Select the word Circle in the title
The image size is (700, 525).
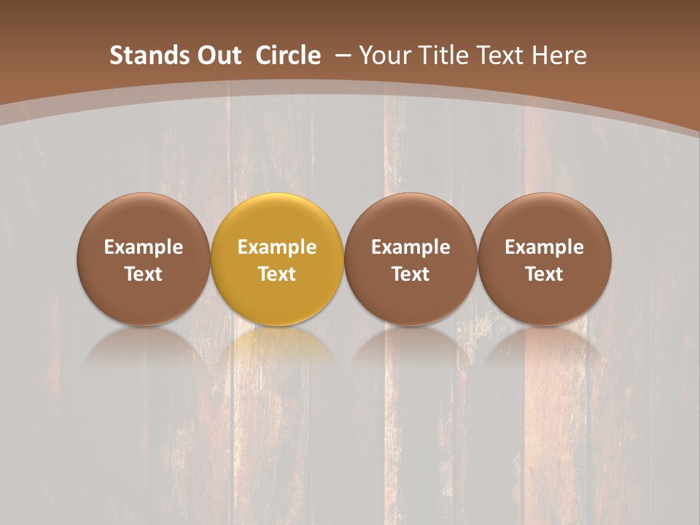click(288, 55)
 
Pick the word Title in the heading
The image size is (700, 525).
click(446, 55)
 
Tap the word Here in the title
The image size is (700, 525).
click(561, 55)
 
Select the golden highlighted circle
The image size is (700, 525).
click(277, 219)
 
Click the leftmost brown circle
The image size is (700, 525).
click(144, 219)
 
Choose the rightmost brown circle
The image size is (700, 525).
click(545, 219)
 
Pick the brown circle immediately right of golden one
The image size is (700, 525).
click(411, 219)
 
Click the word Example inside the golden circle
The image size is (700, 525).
click(277, 248)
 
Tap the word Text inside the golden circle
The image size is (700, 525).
click(277, 274)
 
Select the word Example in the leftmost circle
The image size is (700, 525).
click(144, 248)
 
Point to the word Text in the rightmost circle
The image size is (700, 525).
click(545, 274)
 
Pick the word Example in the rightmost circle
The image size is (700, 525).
click(545, 248)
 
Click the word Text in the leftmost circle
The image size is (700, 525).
click(144, 274)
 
